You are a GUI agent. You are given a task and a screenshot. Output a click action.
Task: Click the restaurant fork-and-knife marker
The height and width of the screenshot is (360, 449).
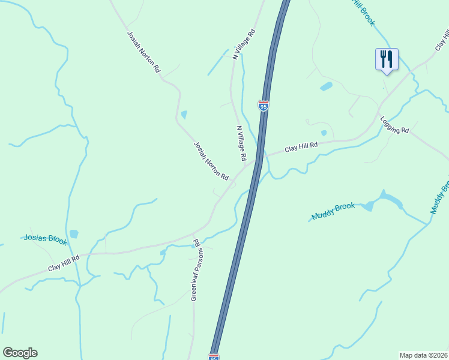point(387,59)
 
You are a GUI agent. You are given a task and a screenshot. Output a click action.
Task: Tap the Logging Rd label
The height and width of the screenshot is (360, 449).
point(394,125)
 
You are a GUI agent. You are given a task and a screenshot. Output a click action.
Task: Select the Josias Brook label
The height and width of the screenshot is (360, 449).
point(46,239)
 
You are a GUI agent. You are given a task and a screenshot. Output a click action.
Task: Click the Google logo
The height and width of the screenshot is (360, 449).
point(20,353)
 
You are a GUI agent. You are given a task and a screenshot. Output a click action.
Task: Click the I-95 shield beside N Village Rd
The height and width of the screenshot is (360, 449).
point(264,106)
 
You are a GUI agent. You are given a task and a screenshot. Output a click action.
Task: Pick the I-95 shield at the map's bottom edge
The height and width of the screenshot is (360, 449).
point(214,356)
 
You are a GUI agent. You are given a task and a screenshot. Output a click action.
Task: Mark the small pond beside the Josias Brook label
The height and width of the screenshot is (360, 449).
point(74,233)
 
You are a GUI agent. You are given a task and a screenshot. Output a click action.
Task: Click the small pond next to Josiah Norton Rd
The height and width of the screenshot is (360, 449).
point(184,114)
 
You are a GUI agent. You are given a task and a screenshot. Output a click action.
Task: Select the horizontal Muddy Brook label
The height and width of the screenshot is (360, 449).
point(333,211)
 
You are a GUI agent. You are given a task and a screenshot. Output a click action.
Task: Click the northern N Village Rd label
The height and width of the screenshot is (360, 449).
point(244,44)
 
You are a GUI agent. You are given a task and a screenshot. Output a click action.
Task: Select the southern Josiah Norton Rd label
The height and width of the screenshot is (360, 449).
point(211,161)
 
